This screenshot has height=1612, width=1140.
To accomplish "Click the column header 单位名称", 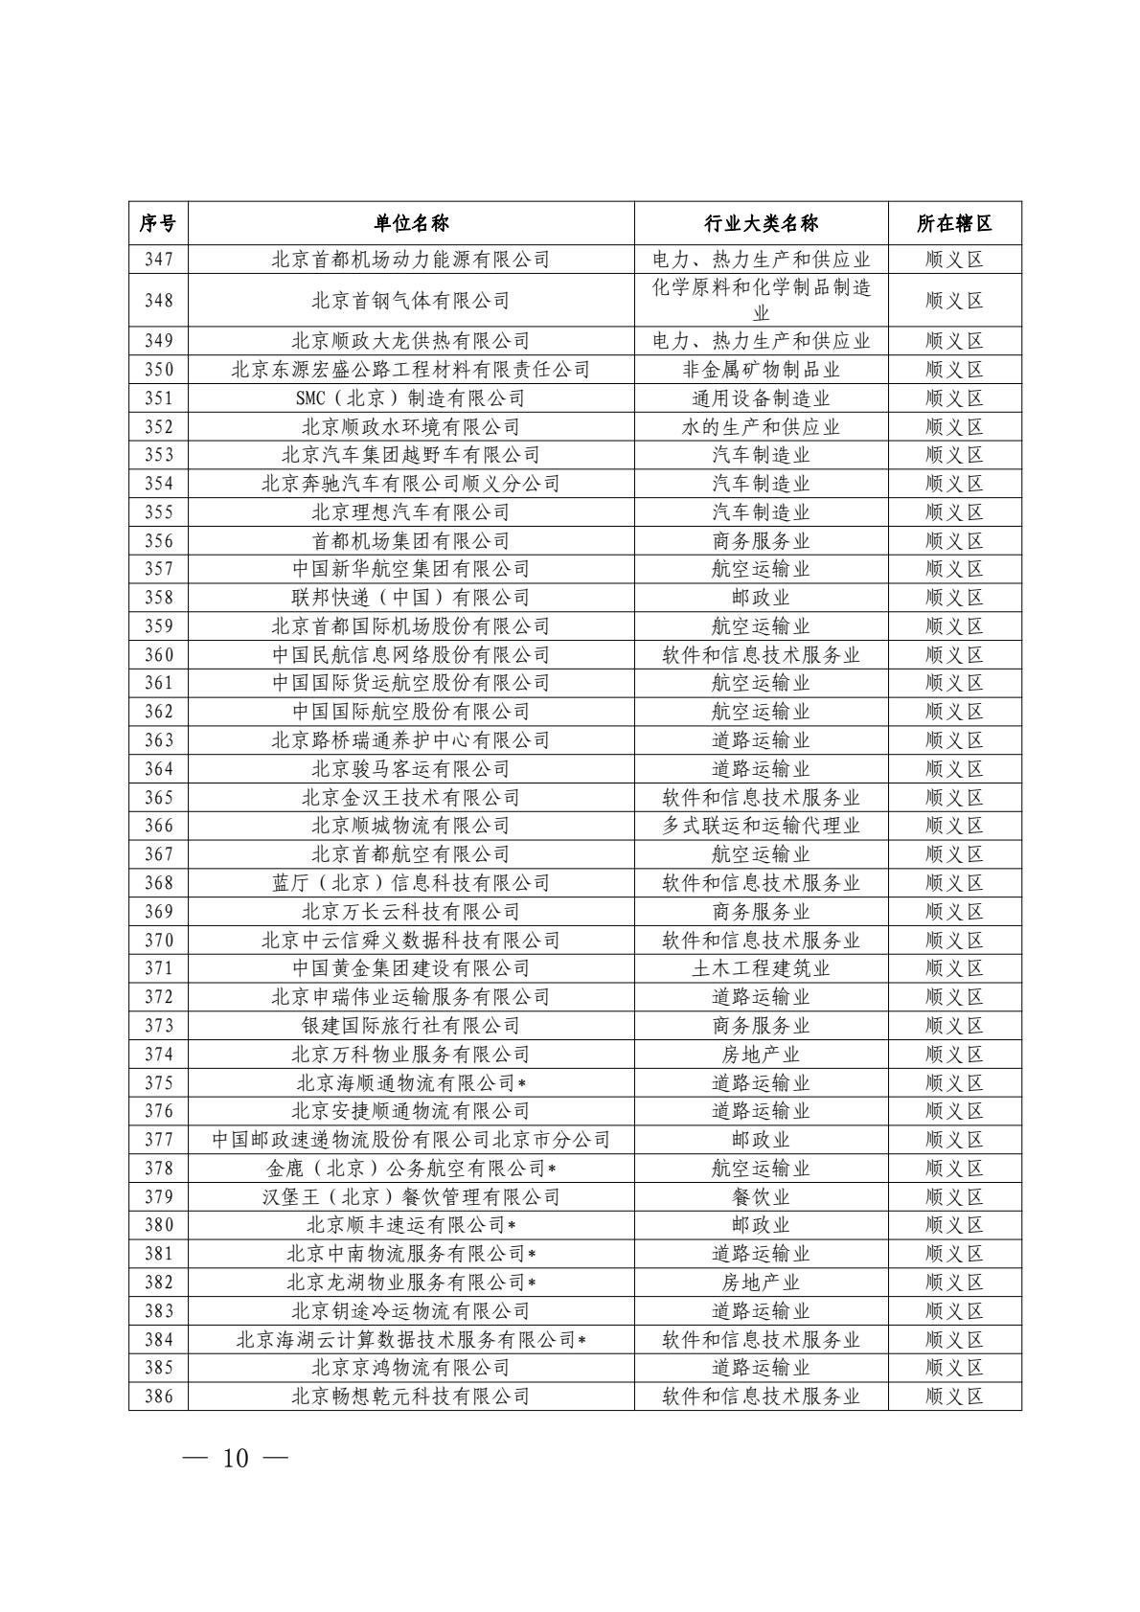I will (411, 223).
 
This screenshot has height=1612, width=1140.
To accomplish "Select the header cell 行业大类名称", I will (761, 223).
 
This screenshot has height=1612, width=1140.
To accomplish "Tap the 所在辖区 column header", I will (954, 223).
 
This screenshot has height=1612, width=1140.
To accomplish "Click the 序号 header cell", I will (158, 223).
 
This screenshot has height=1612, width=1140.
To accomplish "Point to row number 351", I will (158, 398).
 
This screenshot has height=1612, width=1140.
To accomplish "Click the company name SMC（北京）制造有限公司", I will (411, 398).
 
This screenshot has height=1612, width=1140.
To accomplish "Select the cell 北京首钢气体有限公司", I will (411, 301).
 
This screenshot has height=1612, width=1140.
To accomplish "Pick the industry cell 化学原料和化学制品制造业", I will (761, 301).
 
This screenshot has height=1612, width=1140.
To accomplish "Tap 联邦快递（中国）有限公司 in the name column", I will (411, 598).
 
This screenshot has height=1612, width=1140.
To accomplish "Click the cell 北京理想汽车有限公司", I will (411, 512).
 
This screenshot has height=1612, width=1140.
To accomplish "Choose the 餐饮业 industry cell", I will (761, 1196).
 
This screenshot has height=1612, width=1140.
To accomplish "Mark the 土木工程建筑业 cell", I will (761, 968).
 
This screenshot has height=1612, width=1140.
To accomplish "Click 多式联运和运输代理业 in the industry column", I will (761, 826).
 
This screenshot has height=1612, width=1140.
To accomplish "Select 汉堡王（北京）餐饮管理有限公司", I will (411, 1196).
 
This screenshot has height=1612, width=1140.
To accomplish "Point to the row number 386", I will (158, 1396).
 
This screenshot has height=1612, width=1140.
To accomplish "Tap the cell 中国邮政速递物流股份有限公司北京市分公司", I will (411, 1140).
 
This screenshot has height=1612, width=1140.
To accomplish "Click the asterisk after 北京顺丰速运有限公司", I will (513, 1225).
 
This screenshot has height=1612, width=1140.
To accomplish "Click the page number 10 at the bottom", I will (235, 1459).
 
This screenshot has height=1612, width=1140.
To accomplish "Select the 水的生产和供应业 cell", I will (761, 427).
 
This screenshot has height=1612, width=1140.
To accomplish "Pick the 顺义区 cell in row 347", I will (954, 259).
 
